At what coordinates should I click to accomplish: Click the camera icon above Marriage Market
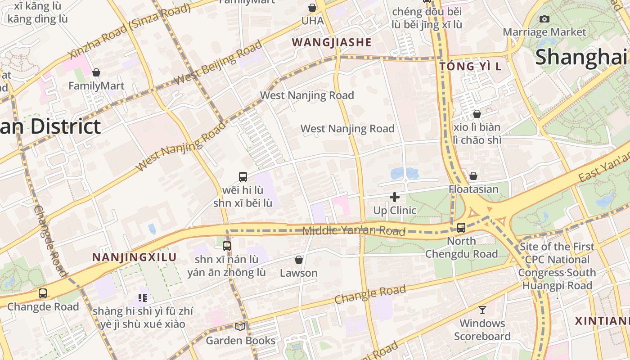[544, 19]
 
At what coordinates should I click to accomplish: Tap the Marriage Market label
[544, 32]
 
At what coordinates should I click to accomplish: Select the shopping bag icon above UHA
[312, 8]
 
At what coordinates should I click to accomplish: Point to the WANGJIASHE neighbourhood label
[332, 42]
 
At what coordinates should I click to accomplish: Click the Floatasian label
[473, 189]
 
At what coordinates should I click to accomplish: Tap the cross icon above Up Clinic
[395, 197]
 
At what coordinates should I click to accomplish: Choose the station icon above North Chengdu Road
[461, 228]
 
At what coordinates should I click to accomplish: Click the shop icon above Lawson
[298, 260]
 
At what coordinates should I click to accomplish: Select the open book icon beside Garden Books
[241, 327]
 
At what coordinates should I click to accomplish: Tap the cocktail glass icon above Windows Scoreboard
[482, 310]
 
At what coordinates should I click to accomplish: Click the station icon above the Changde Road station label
[43, 293]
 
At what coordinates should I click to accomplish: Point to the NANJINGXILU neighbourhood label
[134, 257]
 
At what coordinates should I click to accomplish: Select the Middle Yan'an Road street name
[354, 231]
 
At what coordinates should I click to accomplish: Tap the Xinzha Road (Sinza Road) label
[124, 32]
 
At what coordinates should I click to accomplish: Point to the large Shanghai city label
[580, 57]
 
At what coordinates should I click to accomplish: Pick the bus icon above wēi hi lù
[243, 177]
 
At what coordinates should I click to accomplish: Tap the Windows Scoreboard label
[482, 330]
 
